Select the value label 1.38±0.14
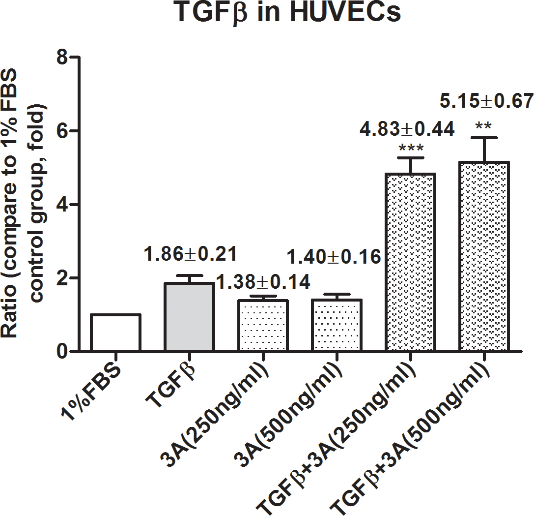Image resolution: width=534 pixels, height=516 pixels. coord(264,282)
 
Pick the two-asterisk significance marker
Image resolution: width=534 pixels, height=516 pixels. coord(483,127)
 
